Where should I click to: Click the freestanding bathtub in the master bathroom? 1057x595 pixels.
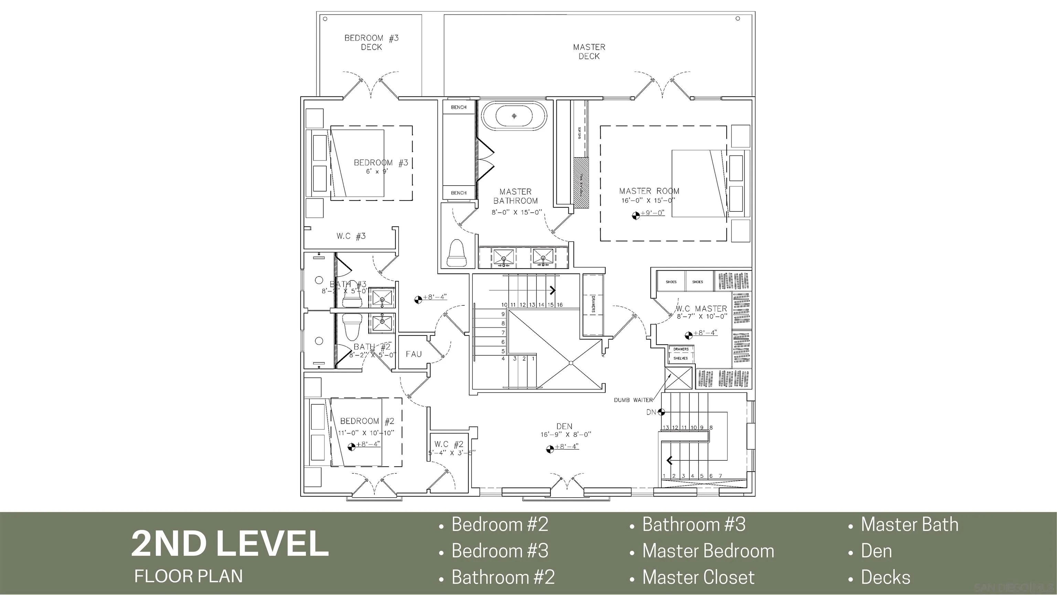click(514, 116)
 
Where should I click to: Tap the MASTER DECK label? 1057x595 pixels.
click(589, 52)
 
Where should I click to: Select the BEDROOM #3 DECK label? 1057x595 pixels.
click(371, 43)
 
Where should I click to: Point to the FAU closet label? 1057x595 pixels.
click(414, 354)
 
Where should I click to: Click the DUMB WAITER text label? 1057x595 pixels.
click(633, 400)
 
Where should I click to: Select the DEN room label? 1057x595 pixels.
click(564, 426)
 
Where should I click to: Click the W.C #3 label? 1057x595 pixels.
click(351, 236)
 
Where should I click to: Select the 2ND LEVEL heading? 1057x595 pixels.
click(230, 543)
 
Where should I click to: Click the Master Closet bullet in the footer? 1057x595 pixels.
click(698, 577)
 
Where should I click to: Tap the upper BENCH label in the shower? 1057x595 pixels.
click(458, 107)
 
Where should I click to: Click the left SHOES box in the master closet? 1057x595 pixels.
click(671, 282)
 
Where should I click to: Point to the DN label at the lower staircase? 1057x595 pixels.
click(651, 412)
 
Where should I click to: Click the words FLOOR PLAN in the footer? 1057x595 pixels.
click(188, 576)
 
